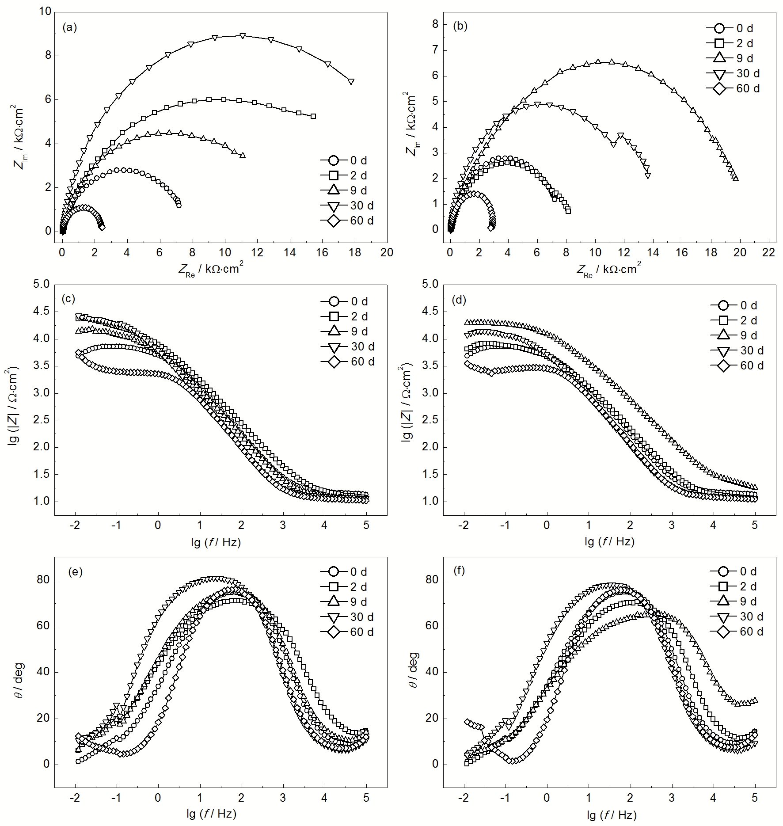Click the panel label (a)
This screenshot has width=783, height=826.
tap(70, 28)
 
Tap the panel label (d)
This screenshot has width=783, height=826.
tap(459, 300)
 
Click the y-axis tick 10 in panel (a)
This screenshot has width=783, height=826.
tap(45, 11)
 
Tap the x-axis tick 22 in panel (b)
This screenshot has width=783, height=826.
tap(769, 252)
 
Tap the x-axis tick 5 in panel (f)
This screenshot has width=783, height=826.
tap(755, 799)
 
